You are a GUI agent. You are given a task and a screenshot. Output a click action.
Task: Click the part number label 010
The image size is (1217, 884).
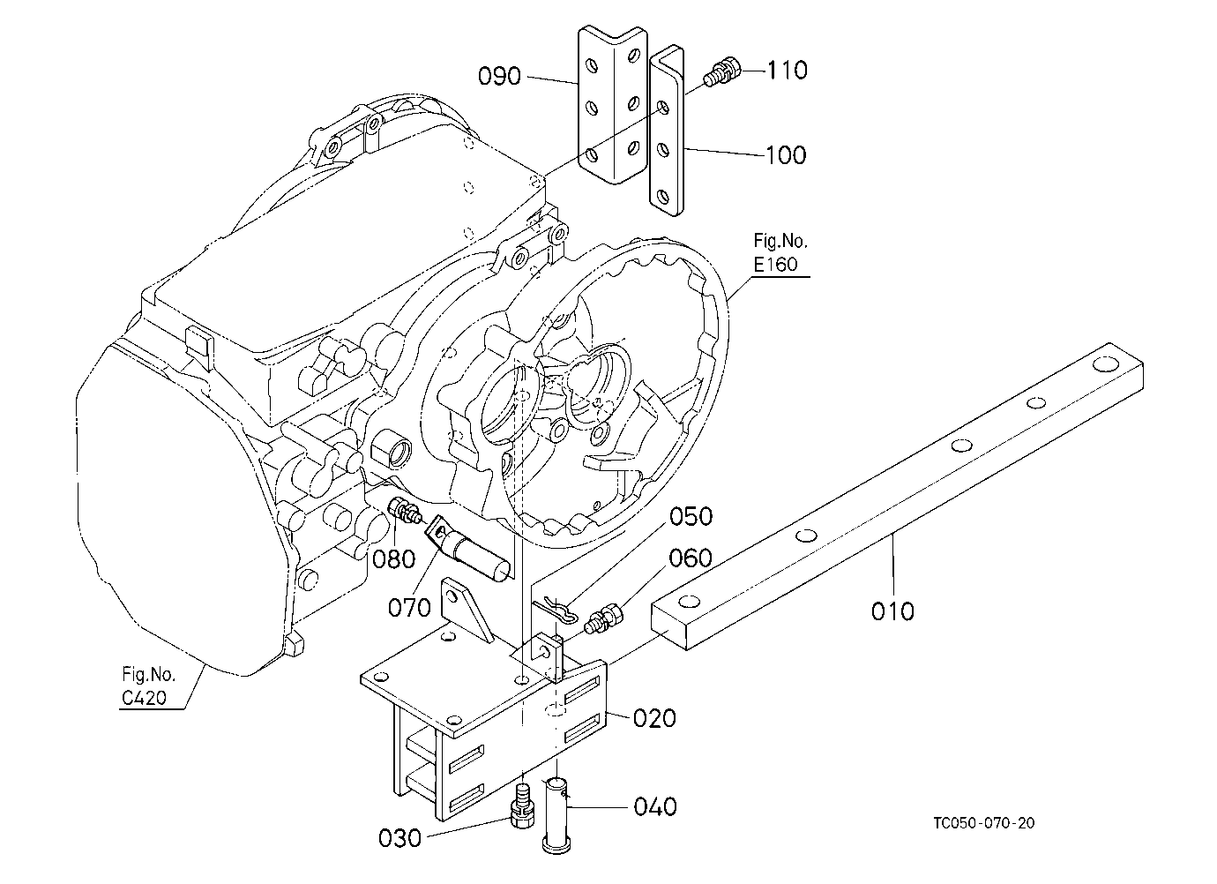click(x=892, y=611)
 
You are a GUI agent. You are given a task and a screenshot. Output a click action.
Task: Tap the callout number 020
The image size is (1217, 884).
click(x=654, y=718)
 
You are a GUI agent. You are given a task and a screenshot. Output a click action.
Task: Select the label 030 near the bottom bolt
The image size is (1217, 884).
click(x=399, y=838)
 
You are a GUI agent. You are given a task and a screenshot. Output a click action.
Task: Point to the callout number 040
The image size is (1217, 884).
click(x=655, y=806)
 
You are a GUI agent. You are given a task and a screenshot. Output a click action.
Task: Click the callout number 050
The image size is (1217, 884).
click(x=691, y=516)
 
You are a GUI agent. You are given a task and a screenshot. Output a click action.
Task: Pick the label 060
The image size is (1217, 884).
click(x=690, y=558)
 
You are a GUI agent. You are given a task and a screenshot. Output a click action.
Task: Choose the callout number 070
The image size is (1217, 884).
click(x=409, y=607)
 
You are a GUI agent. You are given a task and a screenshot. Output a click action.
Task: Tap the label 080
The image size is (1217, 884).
click(x=394, y=558)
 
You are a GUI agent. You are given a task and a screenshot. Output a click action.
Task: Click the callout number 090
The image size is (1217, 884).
click(x=499, y=76)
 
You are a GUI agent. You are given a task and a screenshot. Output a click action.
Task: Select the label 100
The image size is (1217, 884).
click(x=786, y=155)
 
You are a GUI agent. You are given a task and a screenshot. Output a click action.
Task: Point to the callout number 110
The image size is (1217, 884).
click(x=787, y=70)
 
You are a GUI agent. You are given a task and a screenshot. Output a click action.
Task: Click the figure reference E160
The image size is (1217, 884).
click(x=775, y=264)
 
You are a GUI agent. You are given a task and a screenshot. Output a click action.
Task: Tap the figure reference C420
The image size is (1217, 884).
click(x=144, y=698)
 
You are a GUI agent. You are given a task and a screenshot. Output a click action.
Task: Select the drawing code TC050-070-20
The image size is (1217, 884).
click(x=984, y=823)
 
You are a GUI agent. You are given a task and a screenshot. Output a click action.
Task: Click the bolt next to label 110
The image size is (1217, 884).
click(x=722, y=71)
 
